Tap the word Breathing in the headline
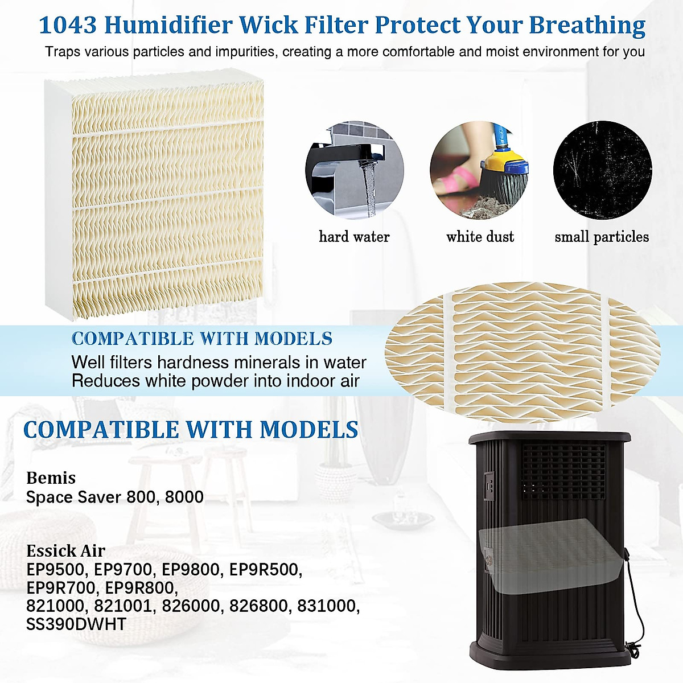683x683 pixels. tap(587, 26)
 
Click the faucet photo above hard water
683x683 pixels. tap(355, 170)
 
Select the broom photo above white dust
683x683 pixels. tap(479, 170)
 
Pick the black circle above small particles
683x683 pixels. tap(603, 170)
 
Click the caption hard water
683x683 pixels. tap(354, 237)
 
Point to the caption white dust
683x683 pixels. tap(480, 237)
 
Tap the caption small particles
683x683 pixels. tap(602, 237)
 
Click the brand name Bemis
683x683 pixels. tap(51, 478)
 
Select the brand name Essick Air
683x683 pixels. tap(65, 551)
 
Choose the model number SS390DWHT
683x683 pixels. tap(76, 624)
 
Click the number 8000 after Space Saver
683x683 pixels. tap(184, 497)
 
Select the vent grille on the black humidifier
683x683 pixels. tap(563, 470)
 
